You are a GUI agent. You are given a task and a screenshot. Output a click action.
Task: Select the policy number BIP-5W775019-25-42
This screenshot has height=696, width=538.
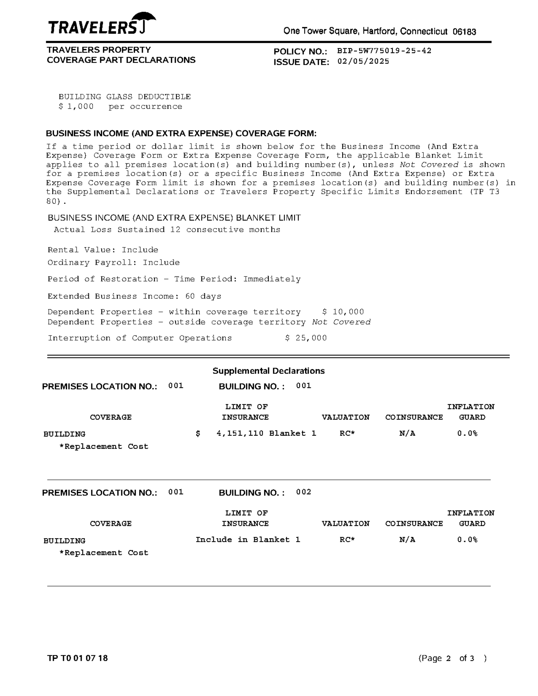tap(384, 51)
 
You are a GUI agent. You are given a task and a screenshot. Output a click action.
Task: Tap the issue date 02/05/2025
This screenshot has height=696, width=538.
tap(363, 61)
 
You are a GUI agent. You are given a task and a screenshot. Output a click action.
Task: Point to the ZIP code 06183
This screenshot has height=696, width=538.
tap(464, 32)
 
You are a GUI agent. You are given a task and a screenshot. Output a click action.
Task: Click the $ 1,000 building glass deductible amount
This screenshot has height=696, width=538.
tap(76, 107)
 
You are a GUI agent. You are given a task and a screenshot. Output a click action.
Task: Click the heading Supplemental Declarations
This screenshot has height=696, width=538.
tap(268, 371)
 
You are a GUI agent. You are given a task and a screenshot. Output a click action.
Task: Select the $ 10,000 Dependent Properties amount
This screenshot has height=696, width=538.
tap(343, 312)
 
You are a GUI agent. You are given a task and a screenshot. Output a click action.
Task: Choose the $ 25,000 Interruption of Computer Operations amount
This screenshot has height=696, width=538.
tap(306, 338)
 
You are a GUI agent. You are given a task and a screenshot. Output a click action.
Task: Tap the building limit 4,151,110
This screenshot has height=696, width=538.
tap(240, 433)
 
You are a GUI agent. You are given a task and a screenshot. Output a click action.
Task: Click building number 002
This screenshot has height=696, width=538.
tap(303, 492)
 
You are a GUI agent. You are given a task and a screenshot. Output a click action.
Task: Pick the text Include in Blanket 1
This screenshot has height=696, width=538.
tap(248, 540)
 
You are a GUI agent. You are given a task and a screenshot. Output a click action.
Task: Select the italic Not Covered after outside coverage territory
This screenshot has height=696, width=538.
tap(341, 322)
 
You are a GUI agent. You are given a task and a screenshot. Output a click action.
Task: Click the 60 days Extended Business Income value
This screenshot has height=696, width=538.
tap(203, 296)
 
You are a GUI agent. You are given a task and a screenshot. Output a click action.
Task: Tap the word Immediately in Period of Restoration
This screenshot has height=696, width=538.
tap(272, 279)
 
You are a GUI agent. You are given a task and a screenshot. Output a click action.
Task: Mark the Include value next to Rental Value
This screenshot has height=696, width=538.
tap(140, 250)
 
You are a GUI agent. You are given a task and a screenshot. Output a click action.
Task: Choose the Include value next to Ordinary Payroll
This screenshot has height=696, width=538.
tap(161, 262)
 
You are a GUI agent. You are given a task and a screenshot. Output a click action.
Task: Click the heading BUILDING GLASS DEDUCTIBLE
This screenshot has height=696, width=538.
tap(124, 97)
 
